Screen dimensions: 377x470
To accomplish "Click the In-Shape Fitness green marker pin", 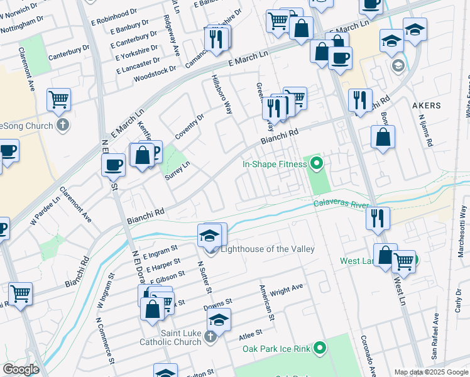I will (317, 165).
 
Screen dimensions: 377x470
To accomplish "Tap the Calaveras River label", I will (340, 203).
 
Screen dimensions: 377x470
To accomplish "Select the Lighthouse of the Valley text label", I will (267, 249).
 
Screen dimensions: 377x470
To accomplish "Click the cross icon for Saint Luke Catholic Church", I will (210, 338).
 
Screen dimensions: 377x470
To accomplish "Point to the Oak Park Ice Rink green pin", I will (320, 347).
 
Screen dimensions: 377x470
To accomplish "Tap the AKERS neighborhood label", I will (426, 106).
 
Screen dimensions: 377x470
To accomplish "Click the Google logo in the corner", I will (21, 369).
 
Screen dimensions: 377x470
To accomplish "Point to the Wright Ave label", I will (287, 290).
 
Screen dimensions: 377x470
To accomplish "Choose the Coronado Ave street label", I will (368, 352).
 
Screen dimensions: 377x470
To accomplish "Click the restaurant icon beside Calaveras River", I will (378, 218).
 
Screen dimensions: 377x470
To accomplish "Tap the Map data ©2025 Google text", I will (430, 371).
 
